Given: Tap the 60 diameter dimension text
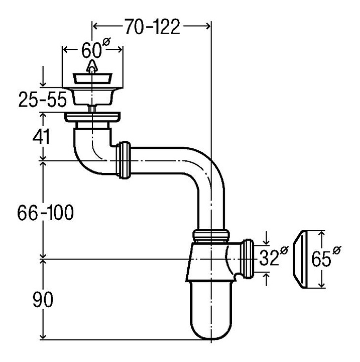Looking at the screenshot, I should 93,50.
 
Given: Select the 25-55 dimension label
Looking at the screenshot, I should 42,100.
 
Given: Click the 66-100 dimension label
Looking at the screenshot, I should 46,213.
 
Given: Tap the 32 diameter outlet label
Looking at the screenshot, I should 273,258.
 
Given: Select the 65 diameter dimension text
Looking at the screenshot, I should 324,258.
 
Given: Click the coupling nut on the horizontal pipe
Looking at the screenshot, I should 124,160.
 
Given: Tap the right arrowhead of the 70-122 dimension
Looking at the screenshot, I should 206,25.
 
